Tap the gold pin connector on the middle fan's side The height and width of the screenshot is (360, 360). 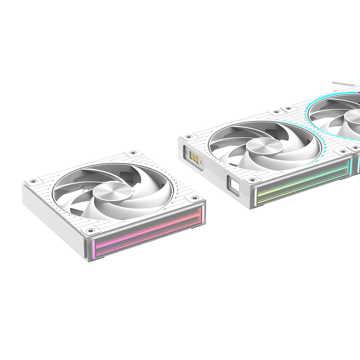[194, 157]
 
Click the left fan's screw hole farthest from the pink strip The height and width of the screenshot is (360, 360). [133, 153]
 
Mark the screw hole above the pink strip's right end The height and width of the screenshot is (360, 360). [195, 198]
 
